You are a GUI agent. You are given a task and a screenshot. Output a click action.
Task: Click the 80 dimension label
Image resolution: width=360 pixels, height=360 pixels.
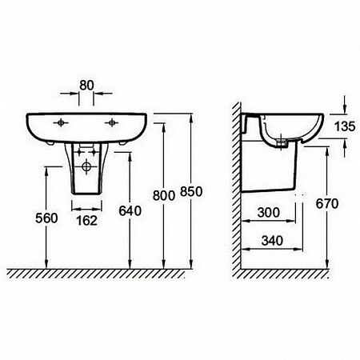(x=86, y=86)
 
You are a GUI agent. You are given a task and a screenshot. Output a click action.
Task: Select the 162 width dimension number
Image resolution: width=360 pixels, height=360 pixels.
(x=86, y=221)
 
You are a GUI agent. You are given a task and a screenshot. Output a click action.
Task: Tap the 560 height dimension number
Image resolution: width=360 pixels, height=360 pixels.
(x=46, y=218)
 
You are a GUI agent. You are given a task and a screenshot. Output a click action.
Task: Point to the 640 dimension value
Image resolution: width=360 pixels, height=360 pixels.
(x=130, y=211)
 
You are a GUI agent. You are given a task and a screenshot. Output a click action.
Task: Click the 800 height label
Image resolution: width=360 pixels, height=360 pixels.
(x=164, y=195)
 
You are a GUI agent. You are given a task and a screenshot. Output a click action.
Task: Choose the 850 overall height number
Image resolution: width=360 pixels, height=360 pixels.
(x=191, y=192)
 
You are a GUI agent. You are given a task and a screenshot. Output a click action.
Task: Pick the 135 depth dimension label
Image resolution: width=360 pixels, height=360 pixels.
(x=345, y=126)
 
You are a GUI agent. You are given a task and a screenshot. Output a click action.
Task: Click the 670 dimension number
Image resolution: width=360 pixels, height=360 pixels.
(x=327, y=204)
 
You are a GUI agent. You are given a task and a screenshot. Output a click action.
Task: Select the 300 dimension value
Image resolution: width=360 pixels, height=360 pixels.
(x=269, y=213)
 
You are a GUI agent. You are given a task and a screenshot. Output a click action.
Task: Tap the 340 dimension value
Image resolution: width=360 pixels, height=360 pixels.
(x=272, y=241)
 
